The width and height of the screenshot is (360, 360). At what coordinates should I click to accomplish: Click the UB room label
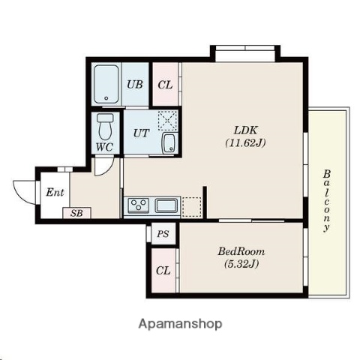[135, 84]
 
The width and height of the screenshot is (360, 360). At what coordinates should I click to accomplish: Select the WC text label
[104, 146]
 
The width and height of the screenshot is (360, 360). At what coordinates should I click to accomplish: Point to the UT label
[141, 133]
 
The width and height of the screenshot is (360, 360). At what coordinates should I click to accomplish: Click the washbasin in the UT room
[168, 143]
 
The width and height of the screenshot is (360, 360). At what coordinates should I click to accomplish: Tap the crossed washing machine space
[166, 120]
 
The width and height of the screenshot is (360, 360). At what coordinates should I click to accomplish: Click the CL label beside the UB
[165, 84]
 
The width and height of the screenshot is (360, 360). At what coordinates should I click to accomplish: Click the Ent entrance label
[55, 192]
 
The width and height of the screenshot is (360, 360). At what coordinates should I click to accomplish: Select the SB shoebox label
[76, 213]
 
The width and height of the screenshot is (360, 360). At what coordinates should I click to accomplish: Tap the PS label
[163, 233]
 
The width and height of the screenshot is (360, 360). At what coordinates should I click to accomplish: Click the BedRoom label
[241, 252]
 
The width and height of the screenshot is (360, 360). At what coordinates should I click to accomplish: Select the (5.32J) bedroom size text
[241, 265]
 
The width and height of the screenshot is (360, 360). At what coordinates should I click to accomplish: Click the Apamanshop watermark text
[180, 324]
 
